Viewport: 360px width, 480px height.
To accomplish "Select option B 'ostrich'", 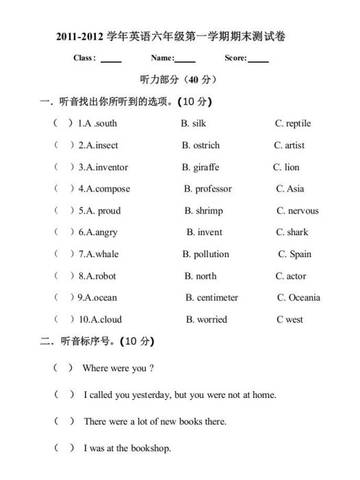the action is [205, 146].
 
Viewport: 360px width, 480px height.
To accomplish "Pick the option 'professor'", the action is [213, 189].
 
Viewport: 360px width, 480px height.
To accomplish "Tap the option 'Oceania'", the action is [304, 298].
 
